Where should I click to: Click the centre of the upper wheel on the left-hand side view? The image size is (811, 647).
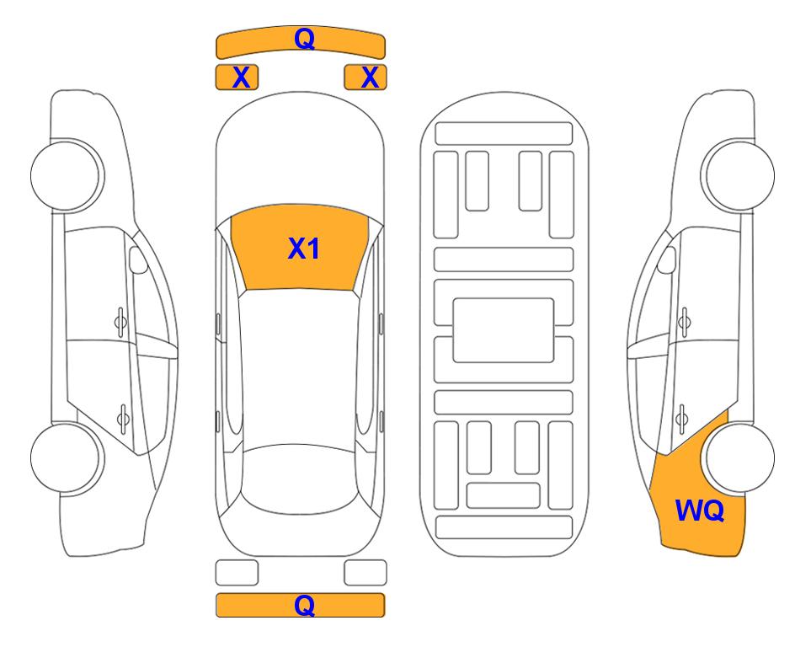point(67,175)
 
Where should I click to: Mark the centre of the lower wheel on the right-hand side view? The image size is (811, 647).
point(739,457)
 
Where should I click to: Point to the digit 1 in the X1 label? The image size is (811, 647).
point(313,249)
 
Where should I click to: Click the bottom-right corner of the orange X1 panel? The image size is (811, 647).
point(354,291)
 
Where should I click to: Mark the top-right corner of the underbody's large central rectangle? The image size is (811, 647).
point(554,299)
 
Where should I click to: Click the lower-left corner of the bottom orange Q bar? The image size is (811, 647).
point(216,617)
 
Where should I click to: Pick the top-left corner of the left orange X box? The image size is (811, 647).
point(216,66)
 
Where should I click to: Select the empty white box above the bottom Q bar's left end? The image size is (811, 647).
point(237,573)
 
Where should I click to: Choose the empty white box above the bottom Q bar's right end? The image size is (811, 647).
point(365,573)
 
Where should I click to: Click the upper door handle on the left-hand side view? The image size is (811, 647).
point(120,322)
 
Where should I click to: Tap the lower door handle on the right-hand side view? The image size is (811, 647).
point(682,419)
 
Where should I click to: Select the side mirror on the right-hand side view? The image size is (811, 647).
point(666,259)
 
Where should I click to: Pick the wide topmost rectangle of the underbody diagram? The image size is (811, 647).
point(504,134)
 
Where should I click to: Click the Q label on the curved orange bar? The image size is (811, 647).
point(304,38)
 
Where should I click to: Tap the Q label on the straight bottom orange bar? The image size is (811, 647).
point(304,605)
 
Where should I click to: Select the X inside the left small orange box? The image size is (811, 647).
point(242,78)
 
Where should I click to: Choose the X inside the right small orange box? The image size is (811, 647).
point(370,78)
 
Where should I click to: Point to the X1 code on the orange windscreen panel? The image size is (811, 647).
point(304,249)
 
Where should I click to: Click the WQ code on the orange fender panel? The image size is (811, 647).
point(700,511)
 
